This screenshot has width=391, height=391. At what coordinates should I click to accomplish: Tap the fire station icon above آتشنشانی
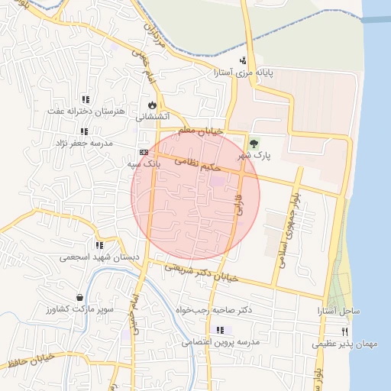point(151,105)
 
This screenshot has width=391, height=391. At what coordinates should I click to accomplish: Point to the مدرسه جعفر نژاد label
point(83,143)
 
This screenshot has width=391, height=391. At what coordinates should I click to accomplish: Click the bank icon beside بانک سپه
point(144,153)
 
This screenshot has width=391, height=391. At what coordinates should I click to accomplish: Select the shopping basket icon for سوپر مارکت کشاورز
point(80,297)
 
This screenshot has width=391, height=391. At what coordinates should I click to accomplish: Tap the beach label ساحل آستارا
point(339,312)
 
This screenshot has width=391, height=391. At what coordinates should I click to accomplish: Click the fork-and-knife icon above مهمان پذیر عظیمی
point(345,331)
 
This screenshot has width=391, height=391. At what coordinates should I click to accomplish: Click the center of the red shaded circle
point(195,195)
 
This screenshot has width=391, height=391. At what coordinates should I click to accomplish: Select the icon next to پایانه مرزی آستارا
point(243,61)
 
